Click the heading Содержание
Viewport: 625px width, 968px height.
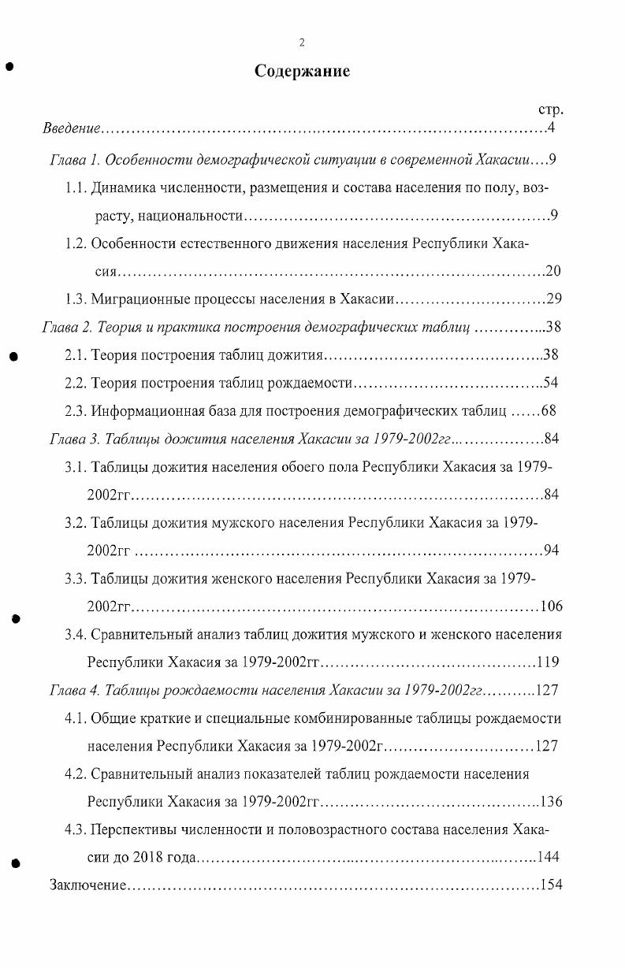tap(302, 72)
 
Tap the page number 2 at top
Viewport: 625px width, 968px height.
tap(302, 43)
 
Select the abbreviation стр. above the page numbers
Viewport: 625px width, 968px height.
tap(550, 110)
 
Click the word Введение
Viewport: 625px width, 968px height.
tap(72, 128)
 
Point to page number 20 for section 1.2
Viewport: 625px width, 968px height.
tap(552, 272)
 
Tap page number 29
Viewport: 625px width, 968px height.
tap(552, 299)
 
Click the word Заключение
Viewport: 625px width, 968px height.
tap(87, 885)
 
